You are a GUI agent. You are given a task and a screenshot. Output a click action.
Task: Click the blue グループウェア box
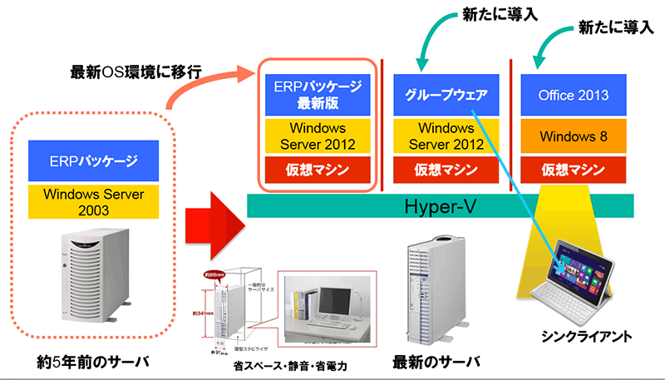[445, 95]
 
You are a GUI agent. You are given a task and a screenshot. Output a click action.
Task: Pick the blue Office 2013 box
[573, 95]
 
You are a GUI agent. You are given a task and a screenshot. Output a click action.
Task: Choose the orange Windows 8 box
[573, 135]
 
